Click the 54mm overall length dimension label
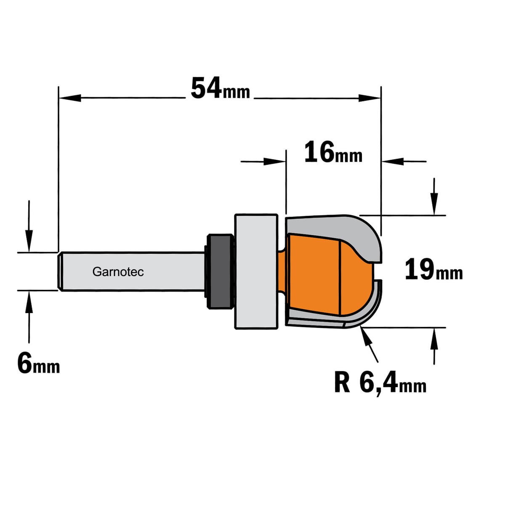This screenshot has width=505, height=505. point(220,88)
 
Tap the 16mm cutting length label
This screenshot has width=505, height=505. point(333,152)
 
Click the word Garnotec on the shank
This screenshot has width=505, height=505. point(118,272)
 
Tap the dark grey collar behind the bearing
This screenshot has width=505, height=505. point(220,271)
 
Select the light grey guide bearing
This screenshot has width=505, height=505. point(256,271)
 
